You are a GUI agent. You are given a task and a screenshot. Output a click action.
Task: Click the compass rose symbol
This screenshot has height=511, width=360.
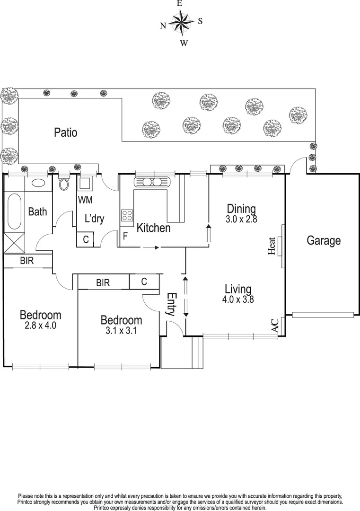tap(180, 22)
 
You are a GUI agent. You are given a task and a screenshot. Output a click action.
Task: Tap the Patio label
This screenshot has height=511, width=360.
tap(65, 132)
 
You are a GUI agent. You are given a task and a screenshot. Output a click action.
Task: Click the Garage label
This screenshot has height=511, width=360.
tap(324, 240)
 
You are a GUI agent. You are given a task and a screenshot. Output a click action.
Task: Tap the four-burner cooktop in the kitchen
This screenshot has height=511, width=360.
tap(127, 216)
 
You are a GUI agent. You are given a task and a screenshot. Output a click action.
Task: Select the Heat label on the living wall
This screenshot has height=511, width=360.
tap(272, 247)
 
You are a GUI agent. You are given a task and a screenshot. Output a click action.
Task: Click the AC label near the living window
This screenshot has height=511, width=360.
tap(275, 326)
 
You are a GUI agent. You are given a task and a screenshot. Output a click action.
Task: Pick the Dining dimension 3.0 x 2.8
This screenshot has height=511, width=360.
tap(241, 219)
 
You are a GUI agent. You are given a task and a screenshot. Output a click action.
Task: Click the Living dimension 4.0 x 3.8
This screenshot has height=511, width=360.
tap(238, 299)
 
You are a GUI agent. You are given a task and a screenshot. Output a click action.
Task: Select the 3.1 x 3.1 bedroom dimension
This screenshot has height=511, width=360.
tap(121, 331)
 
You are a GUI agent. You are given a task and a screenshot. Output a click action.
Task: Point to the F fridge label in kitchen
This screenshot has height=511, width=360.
tap(125, 235)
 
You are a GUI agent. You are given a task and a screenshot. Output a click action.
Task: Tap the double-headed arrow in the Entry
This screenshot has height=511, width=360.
tap(185, 297)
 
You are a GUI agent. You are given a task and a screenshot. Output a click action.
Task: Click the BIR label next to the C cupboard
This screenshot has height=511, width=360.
tap(103, 283)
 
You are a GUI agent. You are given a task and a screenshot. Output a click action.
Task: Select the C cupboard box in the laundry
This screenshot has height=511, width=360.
tap(86, 239)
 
